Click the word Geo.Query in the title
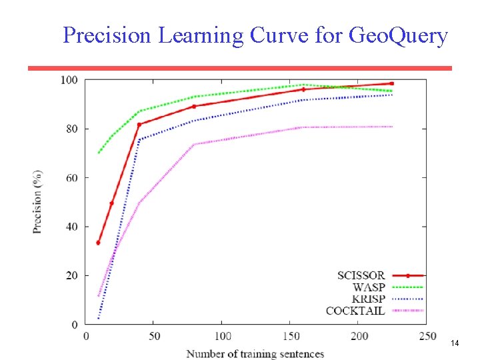tap(398, 35)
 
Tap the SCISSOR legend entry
tap(361, 275)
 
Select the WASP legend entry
tap(369, 287)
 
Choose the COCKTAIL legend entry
tap(355, 311)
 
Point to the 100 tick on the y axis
tap(70, 80)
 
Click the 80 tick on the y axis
tap(72, 129)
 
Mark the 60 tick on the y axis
tap(72, 178)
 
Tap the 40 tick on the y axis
tap(72, 227)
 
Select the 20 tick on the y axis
tap(72, 275)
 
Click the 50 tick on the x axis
tap(154, 336)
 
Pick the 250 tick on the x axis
tap(427, 336)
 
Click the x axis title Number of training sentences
tap(255, 353)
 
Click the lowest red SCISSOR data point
tap(98, 243)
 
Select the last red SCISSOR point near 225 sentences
tap(392, 84)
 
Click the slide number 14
tap(455, 343)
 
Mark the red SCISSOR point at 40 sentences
tap(139, 125)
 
